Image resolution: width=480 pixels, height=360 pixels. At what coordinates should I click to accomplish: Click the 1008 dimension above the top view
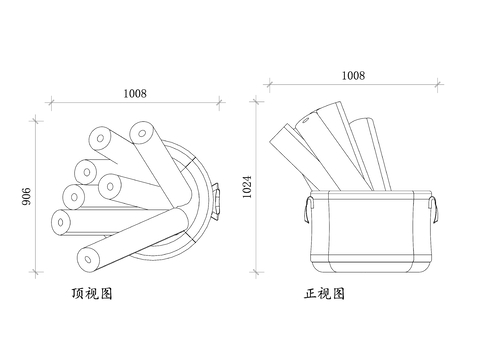pyautogui.click(x=135, y=94)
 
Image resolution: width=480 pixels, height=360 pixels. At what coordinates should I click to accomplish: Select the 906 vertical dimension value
pyautogui.click(x=26, y=196)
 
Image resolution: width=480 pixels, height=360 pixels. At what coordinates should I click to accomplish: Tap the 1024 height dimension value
pyautogui.click(x=247, y=187)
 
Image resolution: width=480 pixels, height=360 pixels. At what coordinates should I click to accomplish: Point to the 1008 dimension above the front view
pyautogui.click(x=353, y=76)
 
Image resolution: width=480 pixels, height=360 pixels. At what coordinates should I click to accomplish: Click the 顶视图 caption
pyautogui.click(x=92, y=293)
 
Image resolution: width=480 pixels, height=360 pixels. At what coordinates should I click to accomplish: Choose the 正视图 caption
pyautogui.click(x=324, y=294)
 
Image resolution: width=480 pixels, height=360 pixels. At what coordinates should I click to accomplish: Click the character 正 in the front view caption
pyautogui.click(x=310, y=294)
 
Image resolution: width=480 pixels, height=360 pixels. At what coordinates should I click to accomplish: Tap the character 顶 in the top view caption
pyautogui.click(x=78, y=293)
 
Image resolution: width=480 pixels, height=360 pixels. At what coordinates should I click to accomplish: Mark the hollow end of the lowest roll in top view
pyautogui.click(x=88, y=259)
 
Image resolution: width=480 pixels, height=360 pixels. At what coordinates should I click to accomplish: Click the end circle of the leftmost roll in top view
pyautogui.click(x=61, y=222)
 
